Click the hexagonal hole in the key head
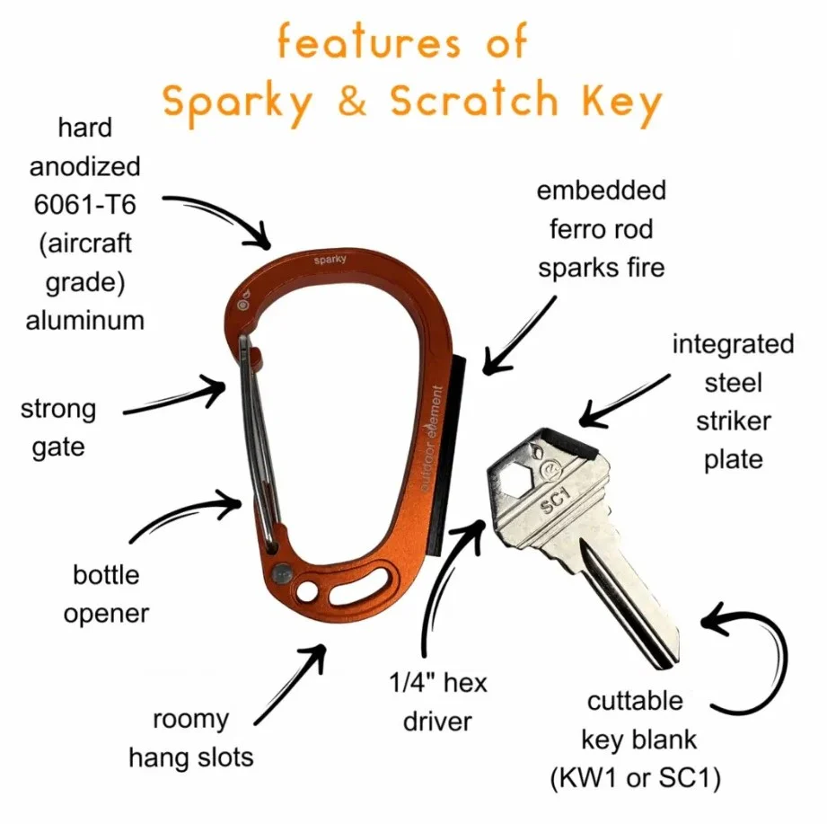pos(515,480)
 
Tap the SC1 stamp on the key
pos(556,500)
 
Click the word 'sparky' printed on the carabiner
pos(330,260)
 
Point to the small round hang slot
pos(307,591)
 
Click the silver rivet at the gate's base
pos(283,572)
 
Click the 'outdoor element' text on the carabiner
pos(432,439)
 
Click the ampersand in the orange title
pos(352,101)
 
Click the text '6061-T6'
pos(85,204)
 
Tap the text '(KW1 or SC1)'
pos(635,778)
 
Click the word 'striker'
pos(733,421)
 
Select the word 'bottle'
pos(106,575)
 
